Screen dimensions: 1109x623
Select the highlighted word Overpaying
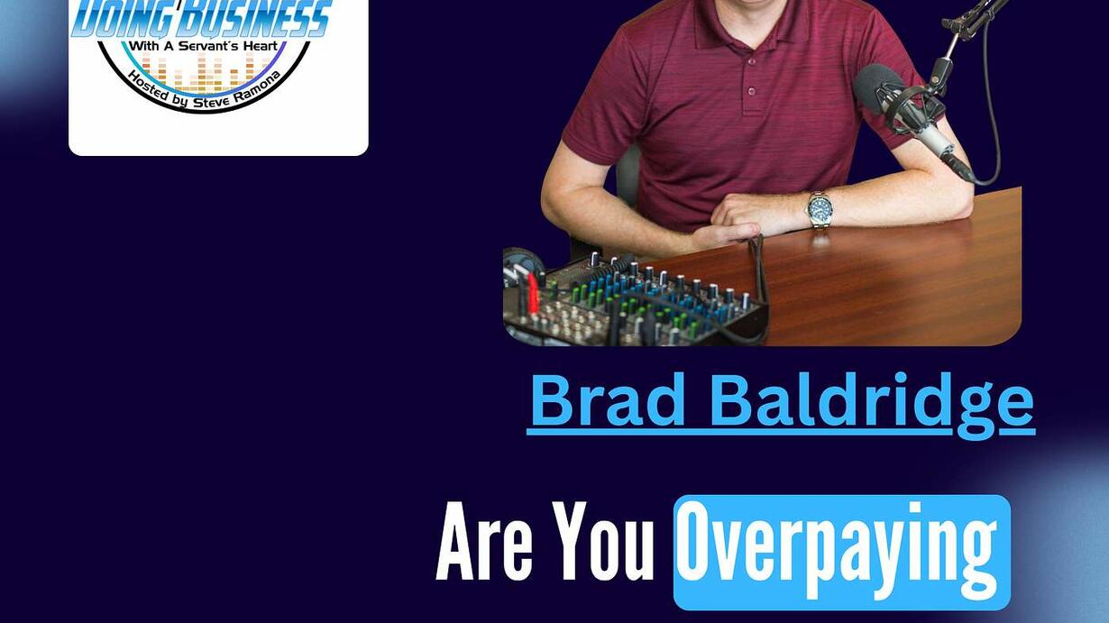837,551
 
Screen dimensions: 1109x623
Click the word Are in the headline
484,541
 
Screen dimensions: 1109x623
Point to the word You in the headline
603,541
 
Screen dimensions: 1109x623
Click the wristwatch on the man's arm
820,209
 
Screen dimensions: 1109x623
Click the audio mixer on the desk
635,300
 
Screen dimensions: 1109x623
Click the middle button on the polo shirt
752,62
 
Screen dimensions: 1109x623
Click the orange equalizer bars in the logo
203,73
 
